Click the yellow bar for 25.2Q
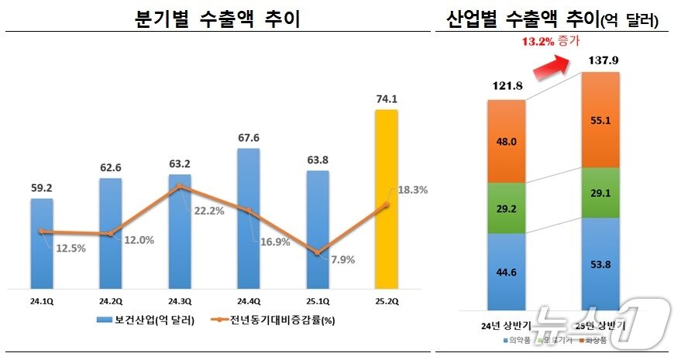(x=386, y=198)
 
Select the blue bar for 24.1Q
(x=42, y=242)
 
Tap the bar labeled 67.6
(x=248, y=218)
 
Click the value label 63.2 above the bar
(x=179, y=163)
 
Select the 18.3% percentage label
(x=412, y=190)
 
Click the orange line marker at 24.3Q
(x=180, y=187)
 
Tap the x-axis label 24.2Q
(x=111, y=300)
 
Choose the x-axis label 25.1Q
(x=317, y=300)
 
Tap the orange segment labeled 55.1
(x=600, y=121)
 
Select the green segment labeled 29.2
(x=506, y=208)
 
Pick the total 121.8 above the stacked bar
(x=506, y=87)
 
